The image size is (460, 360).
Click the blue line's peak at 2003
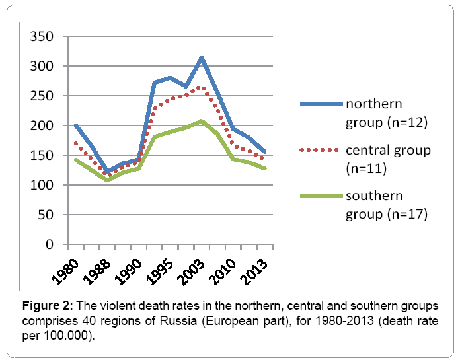[201, 57]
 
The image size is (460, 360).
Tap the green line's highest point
[201, 121]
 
